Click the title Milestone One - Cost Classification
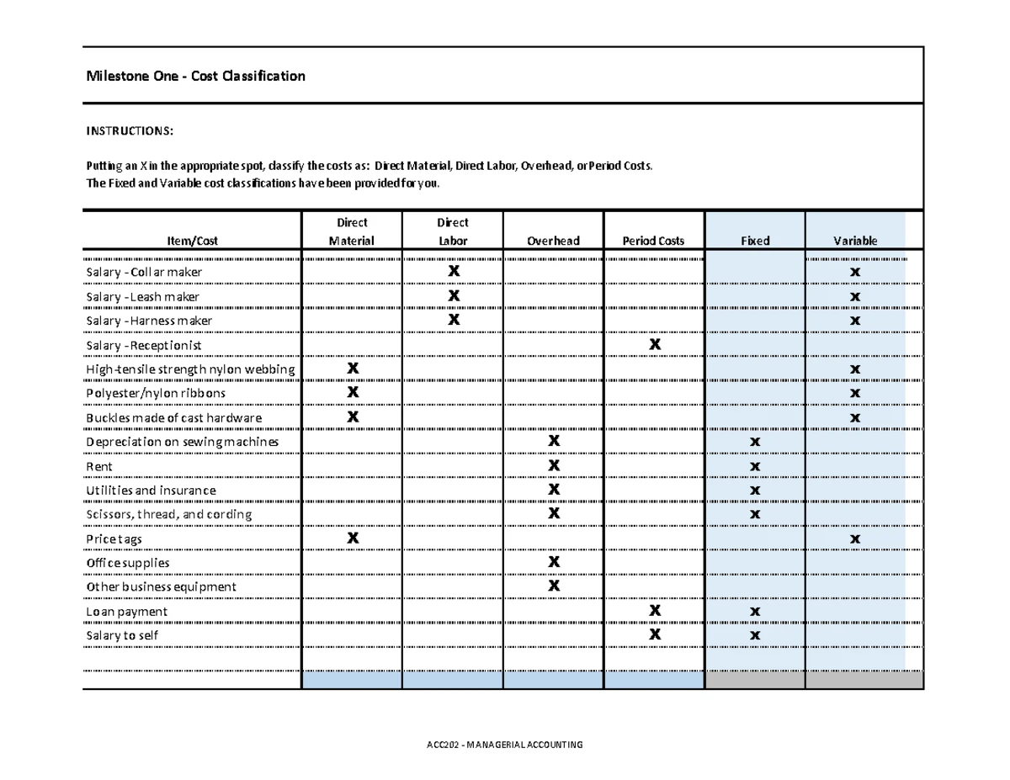pos(195,77)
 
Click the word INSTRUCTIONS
pos(130,131)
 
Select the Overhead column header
pos(553,241)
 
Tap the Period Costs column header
pos(653,241)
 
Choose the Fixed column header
pos(755,241)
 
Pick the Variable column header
pos(855,241)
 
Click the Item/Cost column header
pos(192,241)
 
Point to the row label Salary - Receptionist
pos(144,346)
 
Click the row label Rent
pos(99,467)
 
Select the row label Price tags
pos(114,539)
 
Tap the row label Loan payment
pos(127,612)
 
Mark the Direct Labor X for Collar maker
pos(454,272)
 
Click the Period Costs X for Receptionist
pos(655,345)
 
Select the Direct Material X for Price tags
pos(353,538)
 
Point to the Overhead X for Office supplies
pos(554,562)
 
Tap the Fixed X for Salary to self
pos(755,635)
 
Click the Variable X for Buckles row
pos(855,418)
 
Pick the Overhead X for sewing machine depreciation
pos(554,442)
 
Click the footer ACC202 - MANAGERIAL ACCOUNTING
pos(504,746)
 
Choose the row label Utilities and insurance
pos(151,491)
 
